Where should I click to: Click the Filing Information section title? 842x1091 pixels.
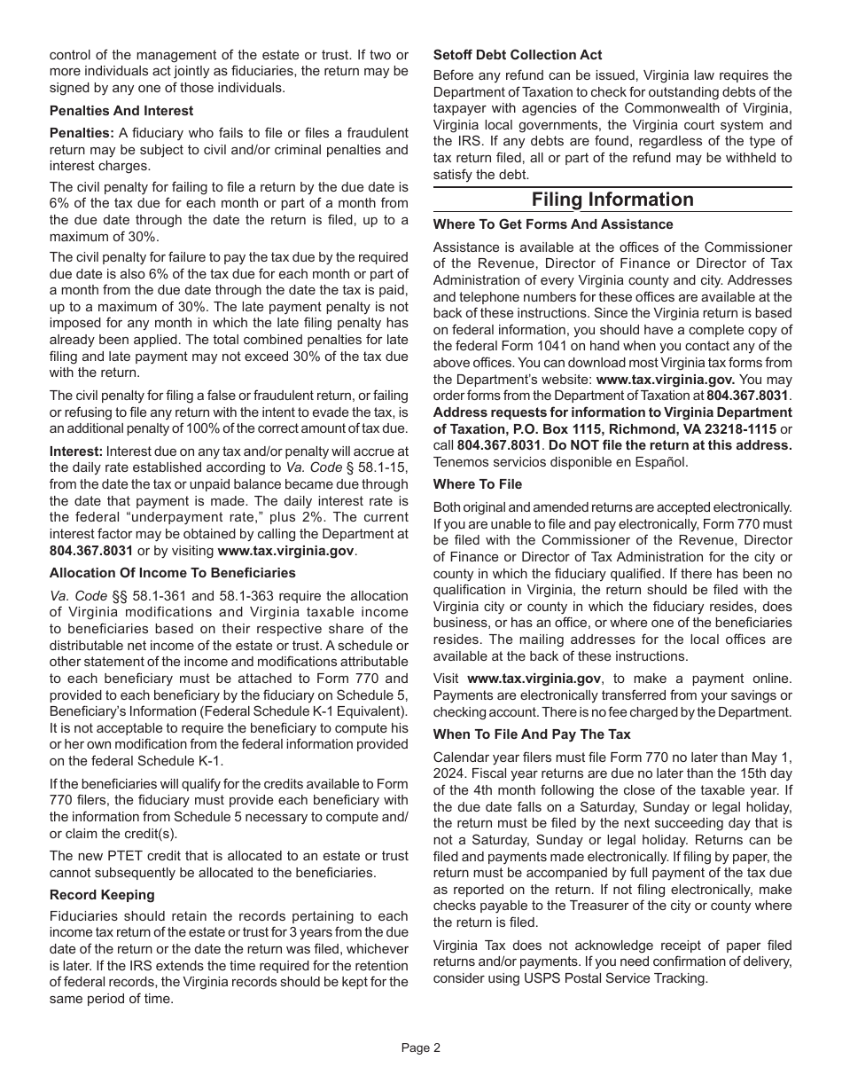click(x=612, y=200)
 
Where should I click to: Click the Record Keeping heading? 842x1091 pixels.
click(x=102, y=895)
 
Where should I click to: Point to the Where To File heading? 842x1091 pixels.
click(x=478, y=484)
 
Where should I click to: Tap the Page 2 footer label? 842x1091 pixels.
click(x=420, y=1048)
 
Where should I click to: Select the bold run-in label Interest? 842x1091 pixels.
click(x=76, y=451)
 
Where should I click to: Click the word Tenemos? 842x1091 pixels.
click(x=462, y=462)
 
